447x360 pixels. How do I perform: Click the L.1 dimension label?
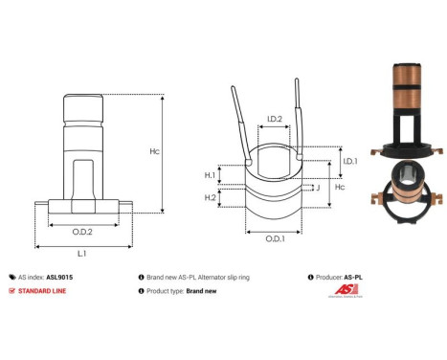coord(81,252)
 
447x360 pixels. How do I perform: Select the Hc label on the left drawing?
coord(181,151)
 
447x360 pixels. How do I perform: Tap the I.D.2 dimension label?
coord(273,120)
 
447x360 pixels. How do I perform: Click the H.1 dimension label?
coord(210,175)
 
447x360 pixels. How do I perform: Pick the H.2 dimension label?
coord(210,197)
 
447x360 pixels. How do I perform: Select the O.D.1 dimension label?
coord(274,237)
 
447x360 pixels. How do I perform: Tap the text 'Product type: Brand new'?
coord(183,290)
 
